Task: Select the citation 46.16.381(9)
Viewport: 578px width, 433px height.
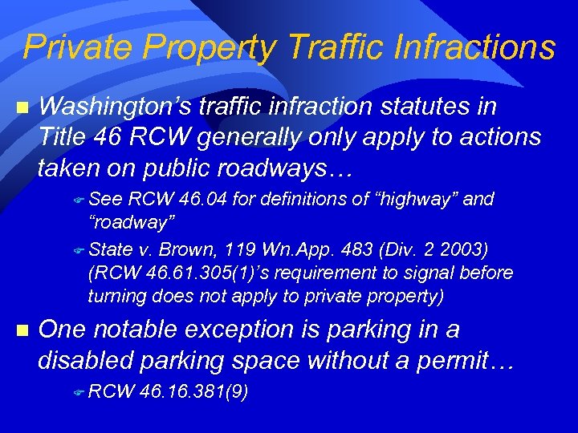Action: coord(193,392)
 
